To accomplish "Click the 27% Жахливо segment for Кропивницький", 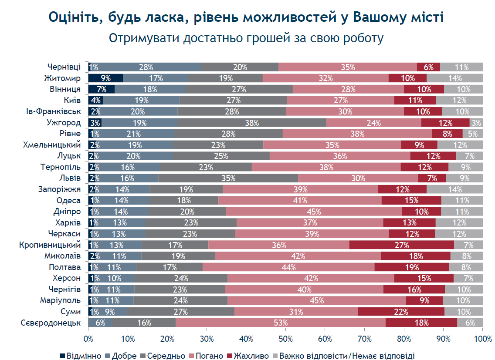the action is [402, 245].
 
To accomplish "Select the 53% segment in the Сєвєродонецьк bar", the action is [280, 323].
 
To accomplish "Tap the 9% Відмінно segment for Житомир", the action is [105, 78].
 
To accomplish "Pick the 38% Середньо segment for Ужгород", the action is [251, 122].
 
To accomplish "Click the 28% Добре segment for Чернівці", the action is [146, 67].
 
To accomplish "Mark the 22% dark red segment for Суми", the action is [401, 312].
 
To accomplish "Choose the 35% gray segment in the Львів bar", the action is [228, 178].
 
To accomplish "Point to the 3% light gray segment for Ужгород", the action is [476, 122].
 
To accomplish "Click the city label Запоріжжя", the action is [59, 189].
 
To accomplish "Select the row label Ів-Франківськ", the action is [53, 111].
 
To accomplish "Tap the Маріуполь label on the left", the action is [60, 300].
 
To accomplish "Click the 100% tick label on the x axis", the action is [483, 339].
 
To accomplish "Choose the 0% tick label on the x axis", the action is [88, 339].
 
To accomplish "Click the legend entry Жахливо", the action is [248, 356].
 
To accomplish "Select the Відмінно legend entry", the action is [80, 356].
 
